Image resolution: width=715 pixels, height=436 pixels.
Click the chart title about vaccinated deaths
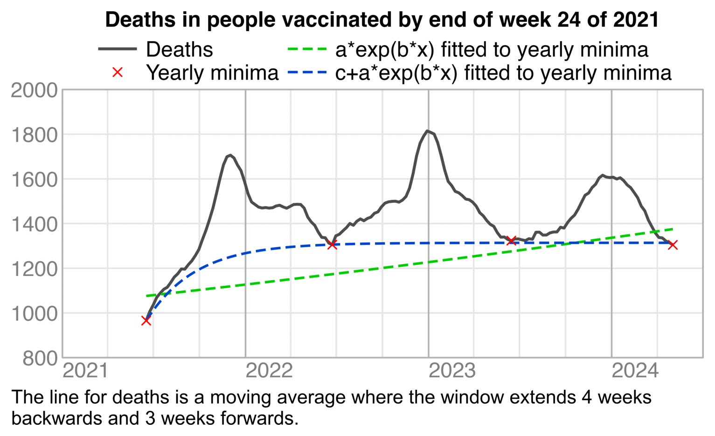[x=382, y=20]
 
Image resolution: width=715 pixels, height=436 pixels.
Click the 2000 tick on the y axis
[x=34, y=90]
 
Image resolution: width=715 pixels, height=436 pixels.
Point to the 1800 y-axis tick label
[x=34, y=135]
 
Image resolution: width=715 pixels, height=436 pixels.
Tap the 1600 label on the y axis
[x=34, y=180]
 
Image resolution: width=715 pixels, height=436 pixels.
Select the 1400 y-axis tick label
[x=34, y=224]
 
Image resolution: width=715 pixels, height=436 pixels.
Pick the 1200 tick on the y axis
[x=34, y=269]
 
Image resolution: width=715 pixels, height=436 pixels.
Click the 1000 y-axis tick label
[x=34, y=313]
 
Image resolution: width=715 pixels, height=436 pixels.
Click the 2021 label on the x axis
[x=85, y=371]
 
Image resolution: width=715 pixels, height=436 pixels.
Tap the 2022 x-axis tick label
[x=269, y=371]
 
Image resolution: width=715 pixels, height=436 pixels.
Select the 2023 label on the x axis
[x=452, y=371]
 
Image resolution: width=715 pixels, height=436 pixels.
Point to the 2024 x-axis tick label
[x=635, y=371]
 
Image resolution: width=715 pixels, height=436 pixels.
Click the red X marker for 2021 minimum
[x=146, y=320]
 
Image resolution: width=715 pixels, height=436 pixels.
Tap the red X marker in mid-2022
[x=332, y=244]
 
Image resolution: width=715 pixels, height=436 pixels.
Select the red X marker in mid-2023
[x=511, y=240]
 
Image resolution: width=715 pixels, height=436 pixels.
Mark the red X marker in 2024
[x=673, y=245]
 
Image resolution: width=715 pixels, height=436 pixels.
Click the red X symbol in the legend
[x=118, y=72]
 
